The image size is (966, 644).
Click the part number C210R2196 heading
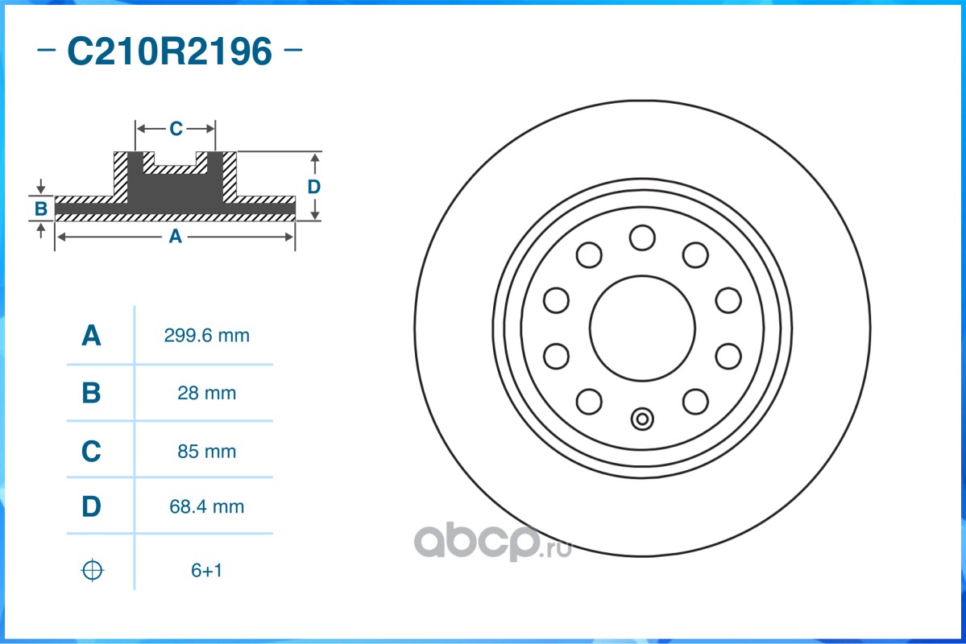coord(169,51)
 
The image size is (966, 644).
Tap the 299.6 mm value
coord(206,336)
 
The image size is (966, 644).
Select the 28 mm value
coord(206,393)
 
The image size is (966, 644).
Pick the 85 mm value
coord(206,452)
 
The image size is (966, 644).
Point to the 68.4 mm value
coord(206,506)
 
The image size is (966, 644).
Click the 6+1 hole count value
coord(206,570)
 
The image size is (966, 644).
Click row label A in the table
coord(91,336)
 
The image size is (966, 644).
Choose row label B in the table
coord(91,393)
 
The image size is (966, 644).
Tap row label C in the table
coord(91,452)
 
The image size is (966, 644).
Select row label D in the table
coord(91,506)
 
